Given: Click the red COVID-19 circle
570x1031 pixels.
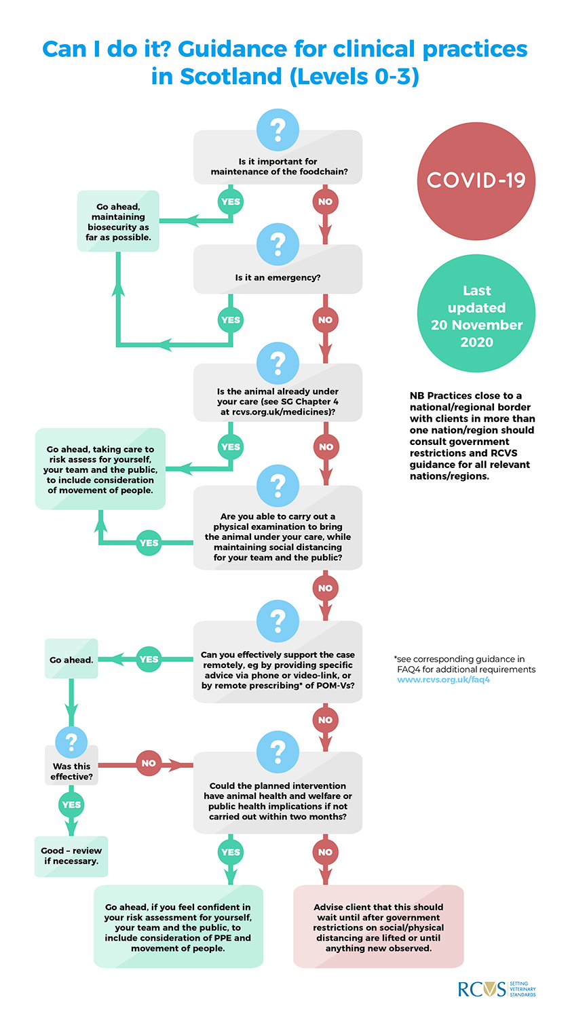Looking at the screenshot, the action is click(x=476, y=181).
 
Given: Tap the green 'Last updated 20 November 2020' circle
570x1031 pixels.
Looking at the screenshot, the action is click(x=476, y=313).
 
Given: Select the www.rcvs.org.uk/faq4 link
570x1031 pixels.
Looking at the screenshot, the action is click(x=443, y=680).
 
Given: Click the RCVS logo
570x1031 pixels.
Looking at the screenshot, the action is click(x=497, y=989).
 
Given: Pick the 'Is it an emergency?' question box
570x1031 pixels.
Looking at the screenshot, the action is click(x=278, y=269).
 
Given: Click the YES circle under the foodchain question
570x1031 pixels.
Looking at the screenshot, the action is click(x=231, y=201).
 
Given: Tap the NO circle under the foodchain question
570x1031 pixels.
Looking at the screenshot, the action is click(x=325, y=201).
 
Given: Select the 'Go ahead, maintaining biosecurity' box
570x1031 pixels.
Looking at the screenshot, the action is click(x=118, y=221).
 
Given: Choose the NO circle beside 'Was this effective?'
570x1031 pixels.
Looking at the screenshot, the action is click(x=149, y=763).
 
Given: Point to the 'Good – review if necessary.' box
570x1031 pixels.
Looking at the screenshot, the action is click(x=71, y=856).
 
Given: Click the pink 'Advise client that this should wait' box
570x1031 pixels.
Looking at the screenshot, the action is click(x=379, y=927).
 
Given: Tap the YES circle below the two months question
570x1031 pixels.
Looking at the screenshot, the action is click(x=231, y=852).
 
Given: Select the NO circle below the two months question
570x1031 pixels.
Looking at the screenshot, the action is click(x=325, y=852).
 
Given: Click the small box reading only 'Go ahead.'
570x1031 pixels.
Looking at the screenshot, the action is click(x=71, y=659).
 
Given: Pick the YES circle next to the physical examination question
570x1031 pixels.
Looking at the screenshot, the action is click(x=149, y=543).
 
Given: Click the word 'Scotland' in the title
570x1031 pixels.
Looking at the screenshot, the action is click(x=231, y=77).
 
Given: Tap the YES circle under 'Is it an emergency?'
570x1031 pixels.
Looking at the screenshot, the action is click(x=231, y=320).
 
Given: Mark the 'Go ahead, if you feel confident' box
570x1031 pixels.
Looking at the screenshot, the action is click(x=178, y=927).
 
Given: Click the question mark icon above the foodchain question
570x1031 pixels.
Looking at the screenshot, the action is click(x=278, y=130).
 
